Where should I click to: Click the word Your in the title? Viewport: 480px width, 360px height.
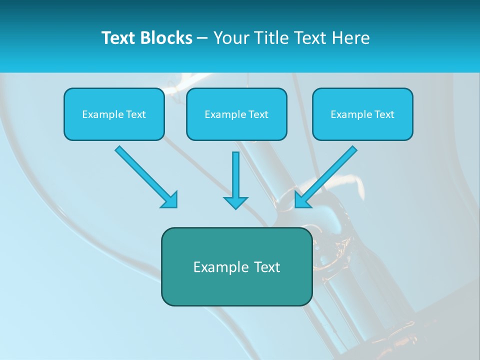[x=231, y=38]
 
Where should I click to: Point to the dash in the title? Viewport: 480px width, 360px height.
[x=202, y=38]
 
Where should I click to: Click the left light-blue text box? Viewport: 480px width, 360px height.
[x=114, y=114]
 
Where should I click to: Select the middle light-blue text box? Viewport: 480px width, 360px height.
[x=236, y=114]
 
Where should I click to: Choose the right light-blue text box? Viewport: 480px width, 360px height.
[x=362, y=114]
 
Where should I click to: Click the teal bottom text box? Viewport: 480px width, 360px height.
[x=236, y=266]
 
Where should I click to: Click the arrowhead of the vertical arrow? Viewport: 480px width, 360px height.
[x=235, y=202]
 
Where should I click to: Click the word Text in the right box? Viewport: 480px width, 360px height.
[x=384, y=114]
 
